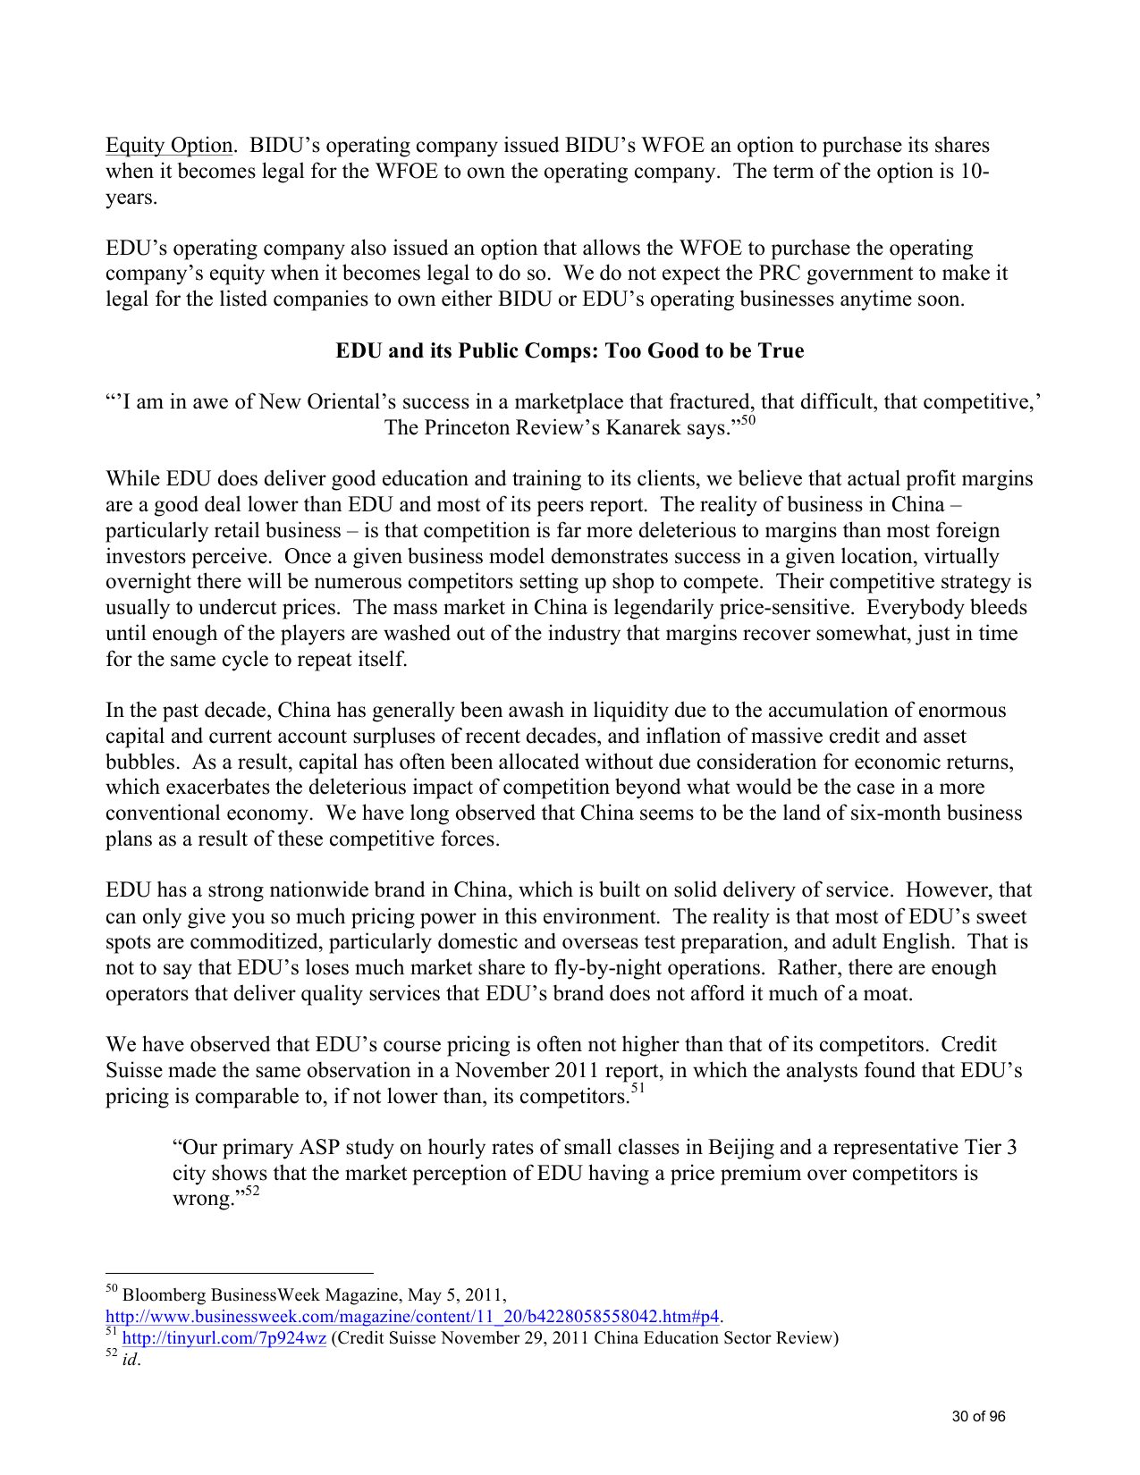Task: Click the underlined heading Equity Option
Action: (170, 146)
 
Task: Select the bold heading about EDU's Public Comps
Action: (570, 350)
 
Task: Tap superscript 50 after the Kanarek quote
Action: (748, 421)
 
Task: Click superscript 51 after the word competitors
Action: (638, 1089)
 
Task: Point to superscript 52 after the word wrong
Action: (252, 1192)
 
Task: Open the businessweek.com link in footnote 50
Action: (412, 1317)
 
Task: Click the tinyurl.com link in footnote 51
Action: (224, 1338)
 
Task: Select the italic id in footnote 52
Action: (130, 1361)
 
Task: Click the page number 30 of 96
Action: (978, 1417)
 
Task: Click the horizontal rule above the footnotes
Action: (239, 1273)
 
